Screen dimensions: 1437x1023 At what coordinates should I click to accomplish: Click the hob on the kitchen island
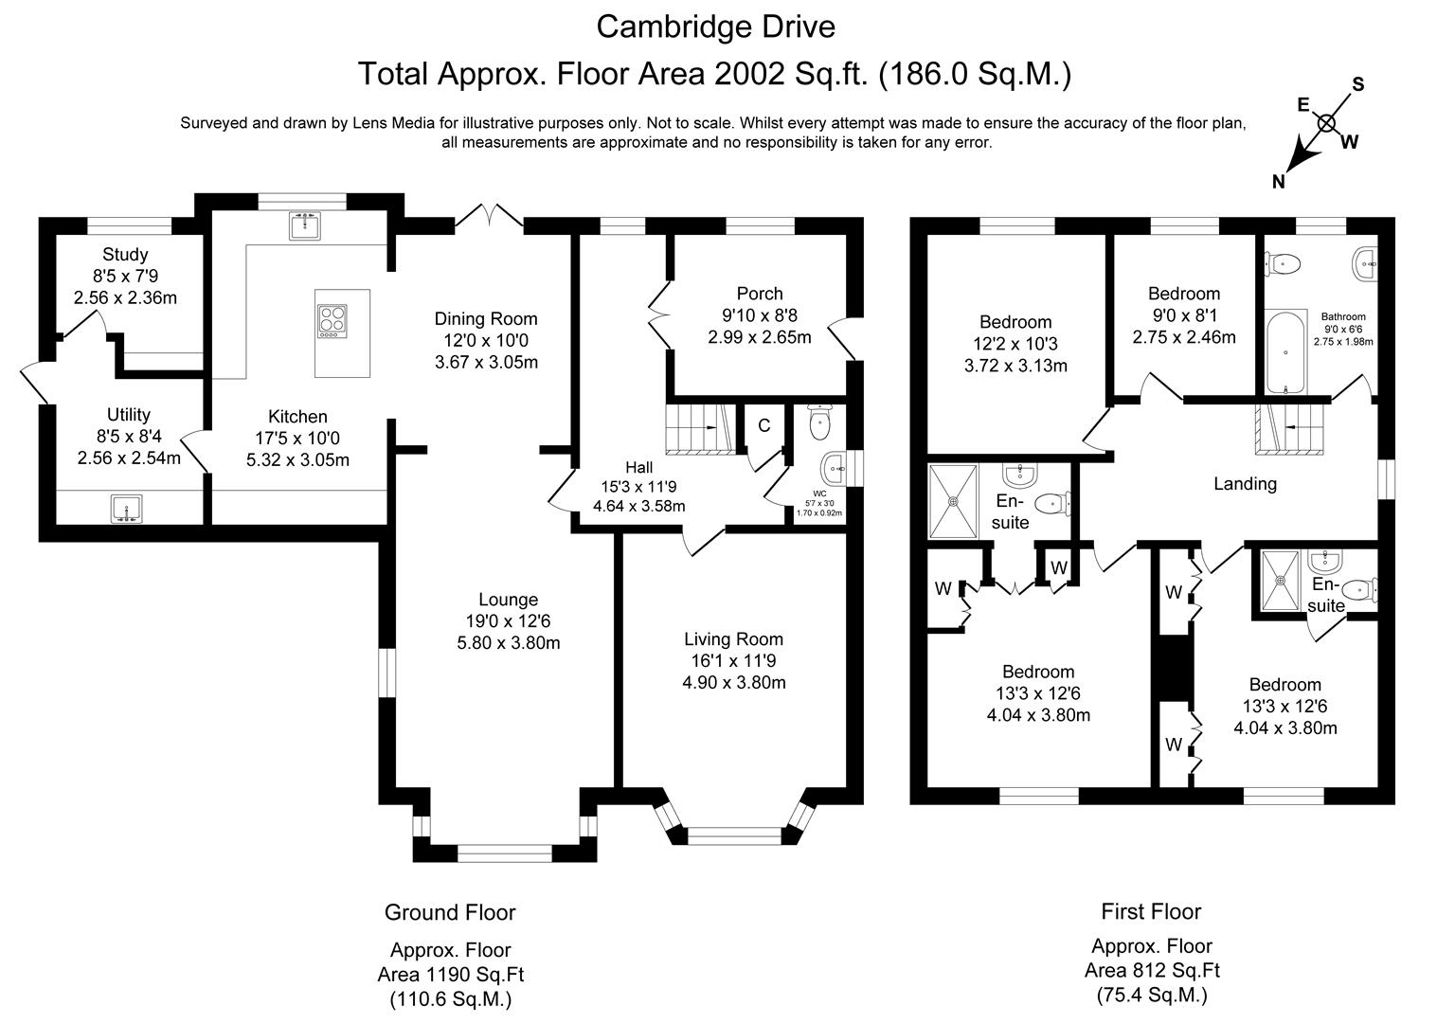pos(332,321)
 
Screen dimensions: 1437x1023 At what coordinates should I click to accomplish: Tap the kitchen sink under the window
pos(305,225)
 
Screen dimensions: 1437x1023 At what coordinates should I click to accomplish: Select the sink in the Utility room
pos(126,509)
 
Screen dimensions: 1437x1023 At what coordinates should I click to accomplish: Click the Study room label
pos(125,255)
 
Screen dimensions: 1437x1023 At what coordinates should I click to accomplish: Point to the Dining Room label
pos(486,319)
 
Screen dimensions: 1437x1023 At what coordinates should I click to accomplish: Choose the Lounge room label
pos(508,600)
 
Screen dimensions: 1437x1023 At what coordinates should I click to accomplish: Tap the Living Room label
pos(733,638)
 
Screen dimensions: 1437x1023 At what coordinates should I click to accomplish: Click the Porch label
pos(760,294)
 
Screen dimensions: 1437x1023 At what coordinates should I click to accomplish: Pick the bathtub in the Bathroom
pos(1285,352)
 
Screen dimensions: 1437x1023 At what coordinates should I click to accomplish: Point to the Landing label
pos(1245,484)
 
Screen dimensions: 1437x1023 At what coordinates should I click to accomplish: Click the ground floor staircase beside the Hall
pos(701,429)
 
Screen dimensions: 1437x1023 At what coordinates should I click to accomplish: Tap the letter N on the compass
pos(1278,182)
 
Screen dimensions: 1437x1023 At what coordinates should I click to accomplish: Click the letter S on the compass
pos(1358,84)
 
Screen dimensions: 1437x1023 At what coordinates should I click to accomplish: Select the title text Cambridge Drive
pos(716,27)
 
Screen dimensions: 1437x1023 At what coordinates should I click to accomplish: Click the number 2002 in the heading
pos(749,74)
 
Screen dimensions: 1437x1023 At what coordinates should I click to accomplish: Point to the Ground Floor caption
pos(450,912)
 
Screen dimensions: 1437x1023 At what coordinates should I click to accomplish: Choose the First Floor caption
pos(1151,911)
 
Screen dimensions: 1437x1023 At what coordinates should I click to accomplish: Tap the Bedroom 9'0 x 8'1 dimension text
pos(1184,315)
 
